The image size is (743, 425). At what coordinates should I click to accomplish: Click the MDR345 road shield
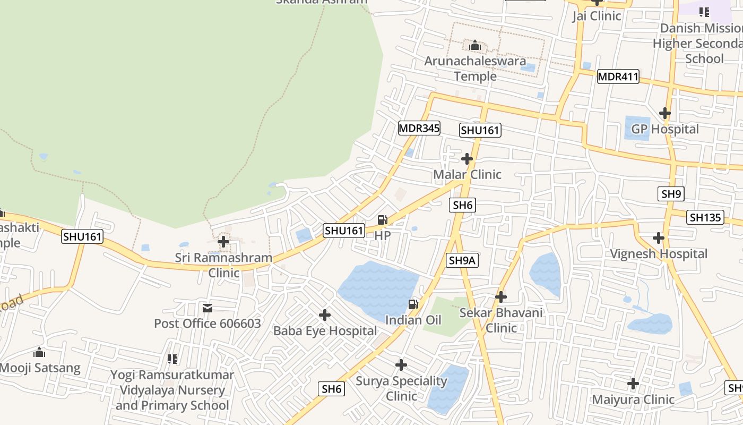tap(419, 128)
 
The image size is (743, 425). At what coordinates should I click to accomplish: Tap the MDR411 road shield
tap(618, 76)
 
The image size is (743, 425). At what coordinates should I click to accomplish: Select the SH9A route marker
tap(463, 260)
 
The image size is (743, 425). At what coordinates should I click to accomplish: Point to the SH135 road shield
tap(705, 217)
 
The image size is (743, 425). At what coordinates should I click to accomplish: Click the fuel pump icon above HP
tap(382, 220)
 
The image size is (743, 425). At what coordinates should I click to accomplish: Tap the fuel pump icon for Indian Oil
tap(413, 304)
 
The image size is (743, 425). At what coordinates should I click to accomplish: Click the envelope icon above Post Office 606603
tap(208, 308)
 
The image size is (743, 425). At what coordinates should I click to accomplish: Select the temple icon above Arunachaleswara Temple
tap(475, 46)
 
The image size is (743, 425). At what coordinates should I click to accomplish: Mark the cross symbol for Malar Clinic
tap(467, 159)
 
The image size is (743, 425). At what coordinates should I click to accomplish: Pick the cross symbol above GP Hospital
tap(664, 113)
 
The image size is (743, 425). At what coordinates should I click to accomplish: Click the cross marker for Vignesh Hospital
tap(659, 238)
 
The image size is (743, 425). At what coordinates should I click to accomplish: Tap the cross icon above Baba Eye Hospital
tap(325, 316)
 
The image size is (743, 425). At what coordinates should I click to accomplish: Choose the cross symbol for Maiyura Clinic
tap(633, 384)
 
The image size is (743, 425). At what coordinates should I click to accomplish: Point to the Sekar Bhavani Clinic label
tap(501, 320)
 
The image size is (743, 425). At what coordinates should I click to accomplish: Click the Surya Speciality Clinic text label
tap(401, 388)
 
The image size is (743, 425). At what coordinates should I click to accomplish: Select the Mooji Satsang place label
tap(40, 368)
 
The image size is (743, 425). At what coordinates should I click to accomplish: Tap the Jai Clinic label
tap(597, 16)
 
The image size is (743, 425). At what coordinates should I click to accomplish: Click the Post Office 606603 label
tap(208, 324)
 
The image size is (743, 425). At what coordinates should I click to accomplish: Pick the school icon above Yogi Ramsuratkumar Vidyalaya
tap(172, 360)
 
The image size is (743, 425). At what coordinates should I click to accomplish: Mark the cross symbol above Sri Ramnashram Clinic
tap(223, 242)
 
